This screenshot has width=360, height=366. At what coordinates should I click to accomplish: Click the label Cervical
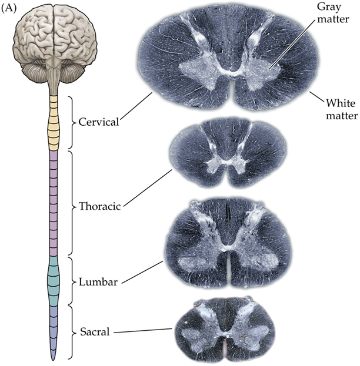click(x=98, y=123)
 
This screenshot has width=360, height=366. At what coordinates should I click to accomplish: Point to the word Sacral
click(x=94, y=332)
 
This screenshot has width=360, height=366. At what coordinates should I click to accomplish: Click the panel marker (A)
click(x=10, y=10)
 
